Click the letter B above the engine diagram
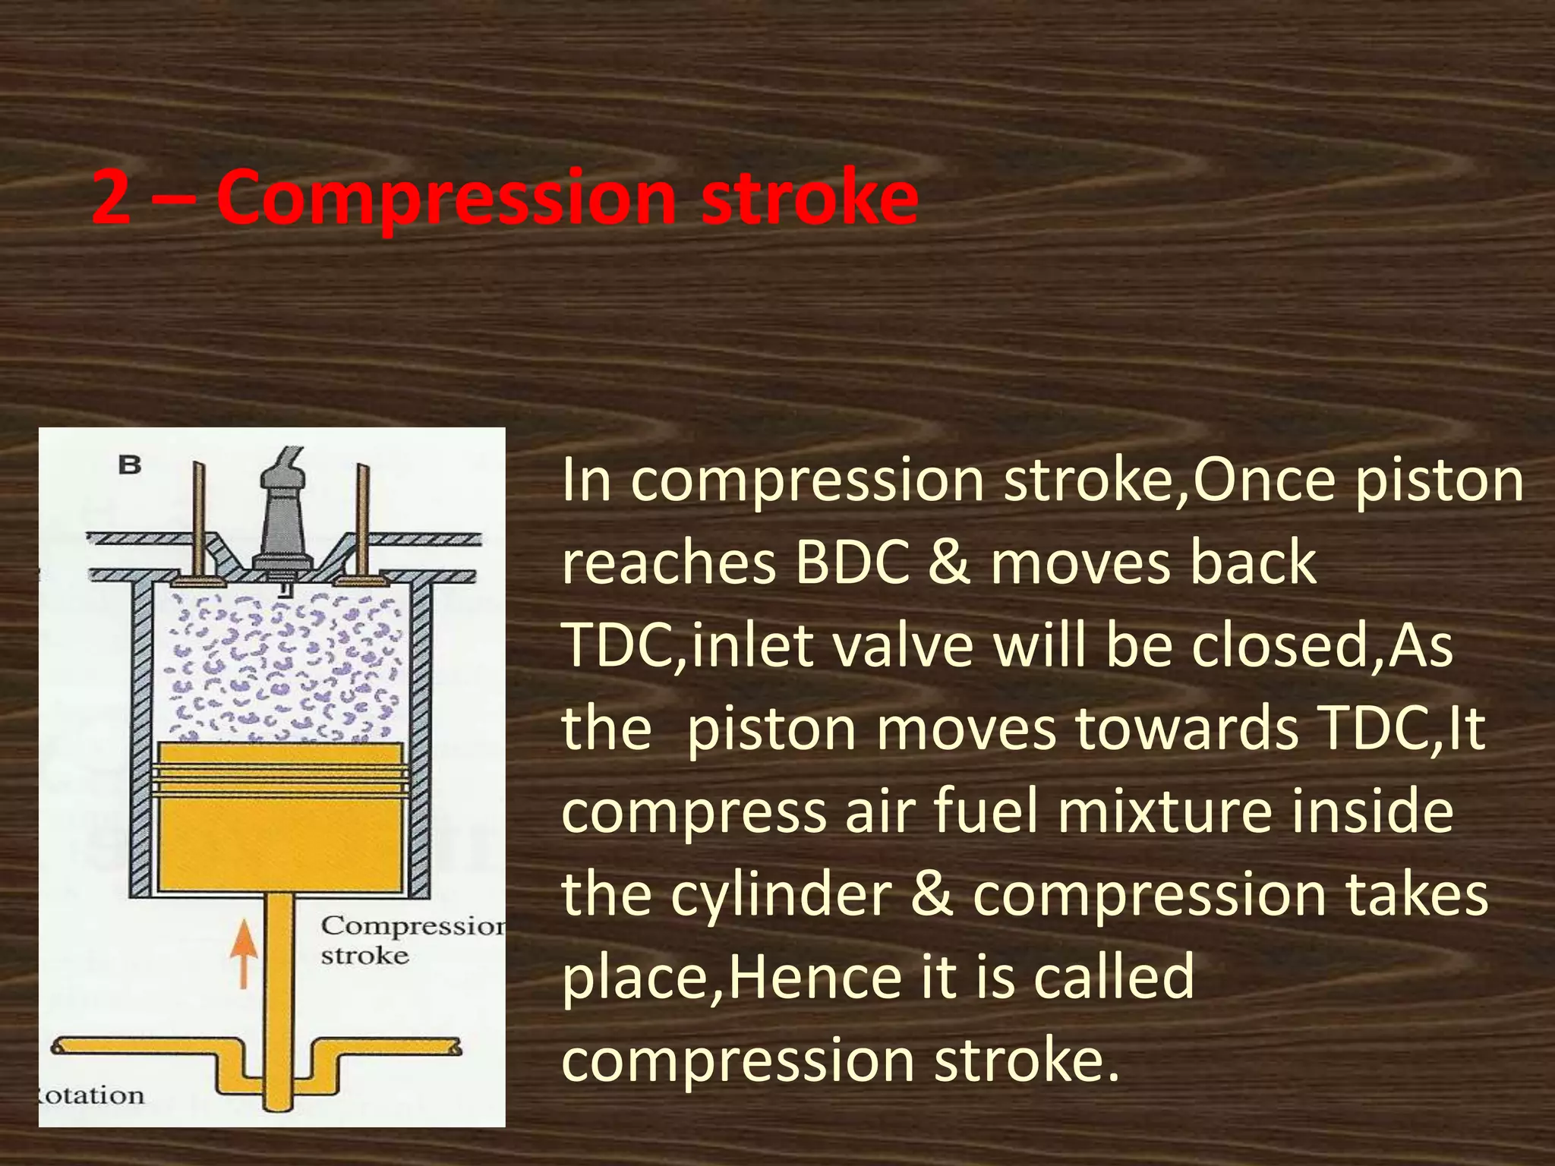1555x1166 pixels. tap(130, 465)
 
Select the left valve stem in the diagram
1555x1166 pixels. tap(198, 516)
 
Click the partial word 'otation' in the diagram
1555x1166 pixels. tap(91, 1095)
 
